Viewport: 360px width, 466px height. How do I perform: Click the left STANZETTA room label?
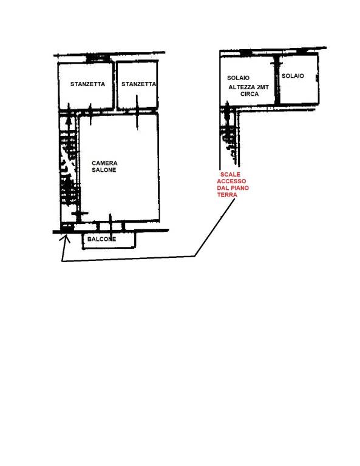(x=87, y=84)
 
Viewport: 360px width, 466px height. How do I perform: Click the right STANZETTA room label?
(x=138, y=84)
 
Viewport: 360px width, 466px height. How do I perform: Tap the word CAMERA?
(x=104, y=163)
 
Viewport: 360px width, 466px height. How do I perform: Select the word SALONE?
(x=104, y=170)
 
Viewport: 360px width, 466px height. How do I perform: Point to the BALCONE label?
(x=101, y=239)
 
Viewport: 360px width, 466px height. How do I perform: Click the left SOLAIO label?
(x=238, y=78)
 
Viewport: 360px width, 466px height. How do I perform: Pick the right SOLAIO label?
(x=293, y=76)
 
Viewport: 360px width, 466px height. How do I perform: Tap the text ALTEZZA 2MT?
(x=249, y=87)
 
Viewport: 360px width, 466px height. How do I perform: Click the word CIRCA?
(x=250, y=94)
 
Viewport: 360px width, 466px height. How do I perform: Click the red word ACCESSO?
(x=231, y=181)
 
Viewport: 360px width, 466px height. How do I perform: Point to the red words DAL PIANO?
(x=233, y=188)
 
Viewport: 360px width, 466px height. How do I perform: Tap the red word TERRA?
(x=227, y=195)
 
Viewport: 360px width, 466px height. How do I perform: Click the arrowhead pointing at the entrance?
(x=66, y=238)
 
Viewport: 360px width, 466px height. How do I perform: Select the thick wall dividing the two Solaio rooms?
(x=277, y=80)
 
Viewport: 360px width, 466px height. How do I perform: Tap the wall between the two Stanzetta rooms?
(x=115, y=86)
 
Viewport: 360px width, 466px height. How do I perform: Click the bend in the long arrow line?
(x=195, y=256)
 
